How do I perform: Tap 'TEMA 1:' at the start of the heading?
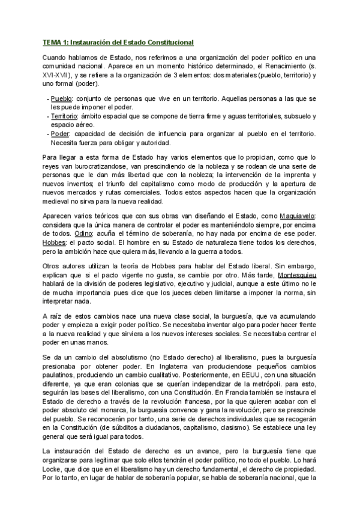(x=56, y=43)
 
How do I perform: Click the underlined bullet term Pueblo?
(x=62, y=98)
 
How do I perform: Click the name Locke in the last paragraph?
(x=53, y=469)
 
